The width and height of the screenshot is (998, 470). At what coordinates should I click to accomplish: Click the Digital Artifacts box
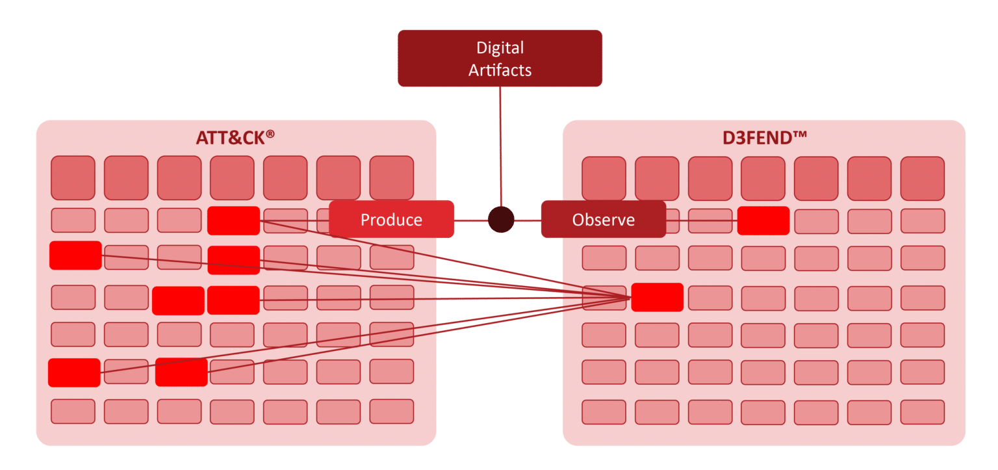[500, 59]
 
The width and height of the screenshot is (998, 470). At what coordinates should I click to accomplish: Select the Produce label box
[391, 220]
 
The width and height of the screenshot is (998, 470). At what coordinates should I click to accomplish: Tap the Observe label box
[603, 220]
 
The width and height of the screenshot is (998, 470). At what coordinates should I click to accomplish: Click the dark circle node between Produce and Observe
[501, 220]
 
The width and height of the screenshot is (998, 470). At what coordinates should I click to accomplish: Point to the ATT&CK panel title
[230, 138]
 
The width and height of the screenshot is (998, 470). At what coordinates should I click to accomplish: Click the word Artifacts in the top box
[500, 70]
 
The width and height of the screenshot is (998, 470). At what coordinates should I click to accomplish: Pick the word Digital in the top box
[500, 47]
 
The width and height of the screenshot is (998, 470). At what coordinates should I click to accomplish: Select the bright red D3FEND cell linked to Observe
[763, 220]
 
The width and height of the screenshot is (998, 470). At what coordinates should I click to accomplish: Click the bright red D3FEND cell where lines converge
[657, 297]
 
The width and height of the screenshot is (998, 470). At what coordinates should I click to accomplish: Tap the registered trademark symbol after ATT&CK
[270, 134]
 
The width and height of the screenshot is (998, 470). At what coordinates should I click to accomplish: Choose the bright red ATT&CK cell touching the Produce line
[233, 220]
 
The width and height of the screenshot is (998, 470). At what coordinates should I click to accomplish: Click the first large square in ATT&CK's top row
[73, 177]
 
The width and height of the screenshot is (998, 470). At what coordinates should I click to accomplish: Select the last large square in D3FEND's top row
[922, 178]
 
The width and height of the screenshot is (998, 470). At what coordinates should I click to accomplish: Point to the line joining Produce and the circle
[470, 220]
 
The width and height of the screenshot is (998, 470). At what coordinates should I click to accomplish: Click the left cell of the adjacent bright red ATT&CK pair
[178, 300]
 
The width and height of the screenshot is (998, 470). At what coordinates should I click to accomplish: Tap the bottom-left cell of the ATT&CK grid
[73, 411]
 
